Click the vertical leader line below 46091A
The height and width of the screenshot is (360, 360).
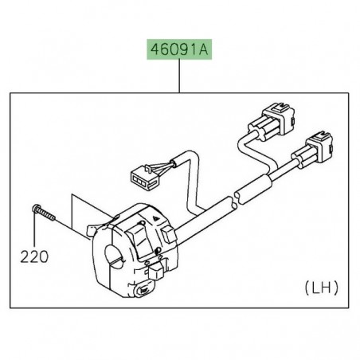[x=180, y=76]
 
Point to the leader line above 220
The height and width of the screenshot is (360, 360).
[x=36, y=235]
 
